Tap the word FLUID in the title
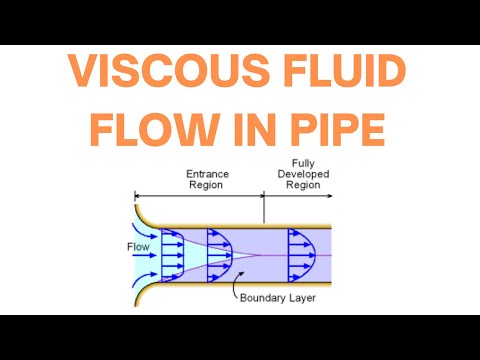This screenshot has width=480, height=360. (x=341, y=75)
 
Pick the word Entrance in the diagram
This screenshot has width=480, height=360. (x=208, y=173)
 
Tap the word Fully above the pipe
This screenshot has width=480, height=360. (x=305, y=163)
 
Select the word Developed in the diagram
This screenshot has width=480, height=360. (x=305, y=173)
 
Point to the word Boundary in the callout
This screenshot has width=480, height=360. (x=259, y=297)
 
